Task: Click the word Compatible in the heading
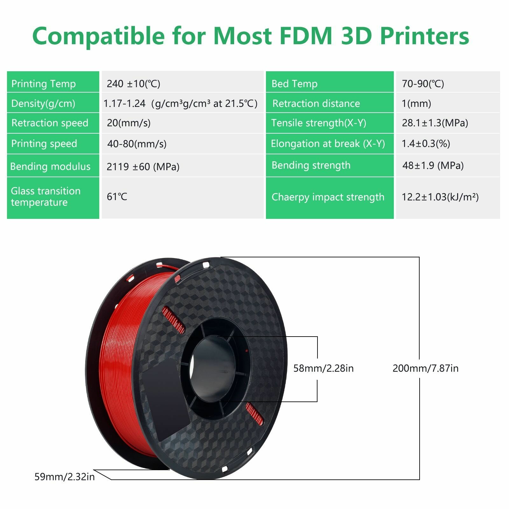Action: (98, 36)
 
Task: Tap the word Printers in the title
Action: (424, 36)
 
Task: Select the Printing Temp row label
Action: (44, 84)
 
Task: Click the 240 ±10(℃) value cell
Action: (134, 84)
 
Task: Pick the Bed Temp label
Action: (294, 84)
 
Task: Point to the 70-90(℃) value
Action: (423, 84)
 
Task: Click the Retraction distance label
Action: (316, 103)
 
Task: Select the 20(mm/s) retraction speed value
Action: (129, 123)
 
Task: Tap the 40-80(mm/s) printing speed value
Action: (137, 144)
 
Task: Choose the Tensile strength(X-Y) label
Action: (318, 123)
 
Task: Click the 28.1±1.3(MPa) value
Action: (435, 123)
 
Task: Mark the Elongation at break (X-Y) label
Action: (328, 143)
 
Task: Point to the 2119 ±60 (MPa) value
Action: (143, 166)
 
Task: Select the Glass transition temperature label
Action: (45, 197)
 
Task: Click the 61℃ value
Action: (117, 197)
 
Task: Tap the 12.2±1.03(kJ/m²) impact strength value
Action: (440, 197)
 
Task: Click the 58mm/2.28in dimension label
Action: (323, 368)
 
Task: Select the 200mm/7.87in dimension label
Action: (425, 368)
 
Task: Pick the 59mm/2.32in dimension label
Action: (65, 477)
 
